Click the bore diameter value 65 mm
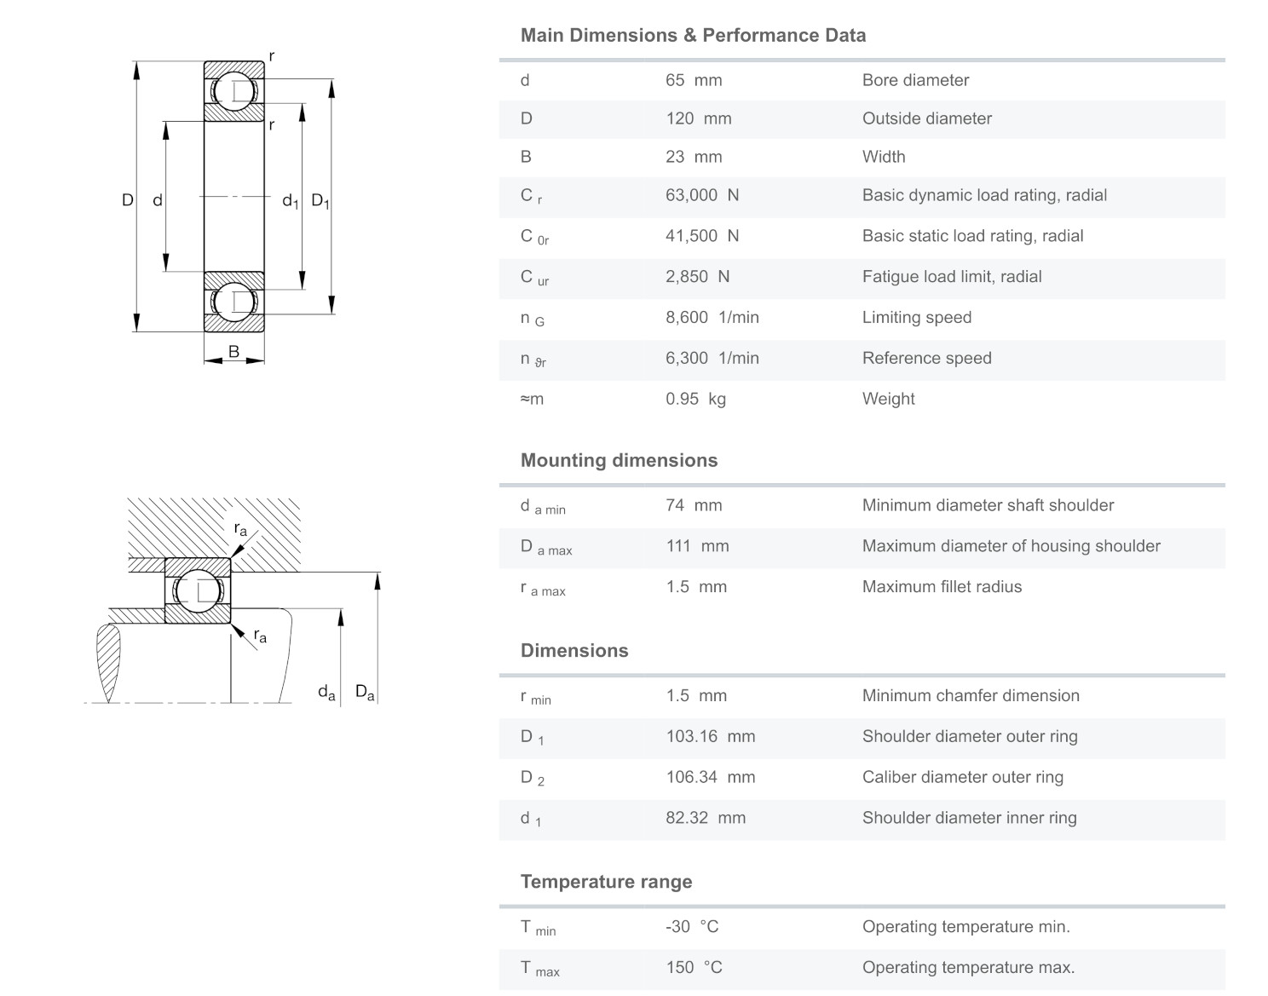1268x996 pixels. (x=693, y=80)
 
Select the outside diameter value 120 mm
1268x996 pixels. (x=698, y=118)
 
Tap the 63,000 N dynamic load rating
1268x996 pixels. (x=701, y=195)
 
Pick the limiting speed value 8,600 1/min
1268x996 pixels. (x=712, y=317)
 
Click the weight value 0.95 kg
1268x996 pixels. (x=695, y=399)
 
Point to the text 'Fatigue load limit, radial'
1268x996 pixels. (x=951, y=276)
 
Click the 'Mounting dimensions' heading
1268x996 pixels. (x=619, y=460)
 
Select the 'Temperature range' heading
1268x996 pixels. (x=606, y=882)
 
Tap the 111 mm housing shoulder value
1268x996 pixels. (x=697, y=546)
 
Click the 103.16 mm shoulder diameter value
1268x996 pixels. (x=710, y=736)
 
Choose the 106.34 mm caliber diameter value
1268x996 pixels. (x=710, y=777)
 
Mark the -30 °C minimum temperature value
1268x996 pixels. (x=692, y=927)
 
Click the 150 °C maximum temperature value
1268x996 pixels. (x=694, y=968)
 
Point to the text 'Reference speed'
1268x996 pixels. (x=926, y=358)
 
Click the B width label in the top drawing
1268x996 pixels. (x=233, y=351)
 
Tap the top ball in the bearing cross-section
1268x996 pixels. (x=233, y=90)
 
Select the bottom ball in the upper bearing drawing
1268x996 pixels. (x=233, y=302)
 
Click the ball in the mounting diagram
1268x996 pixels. (x=198, y=590)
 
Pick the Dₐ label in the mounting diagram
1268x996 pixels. (x=365, y=693)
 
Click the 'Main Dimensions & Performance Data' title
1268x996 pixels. (x=693, y=35)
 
